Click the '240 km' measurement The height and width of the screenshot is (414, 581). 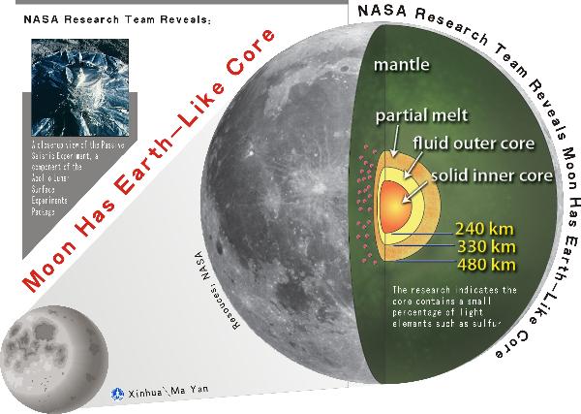click(482, 231)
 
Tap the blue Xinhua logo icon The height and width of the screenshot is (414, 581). click(119, 394)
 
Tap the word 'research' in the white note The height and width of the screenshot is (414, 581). click(436, 289)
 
